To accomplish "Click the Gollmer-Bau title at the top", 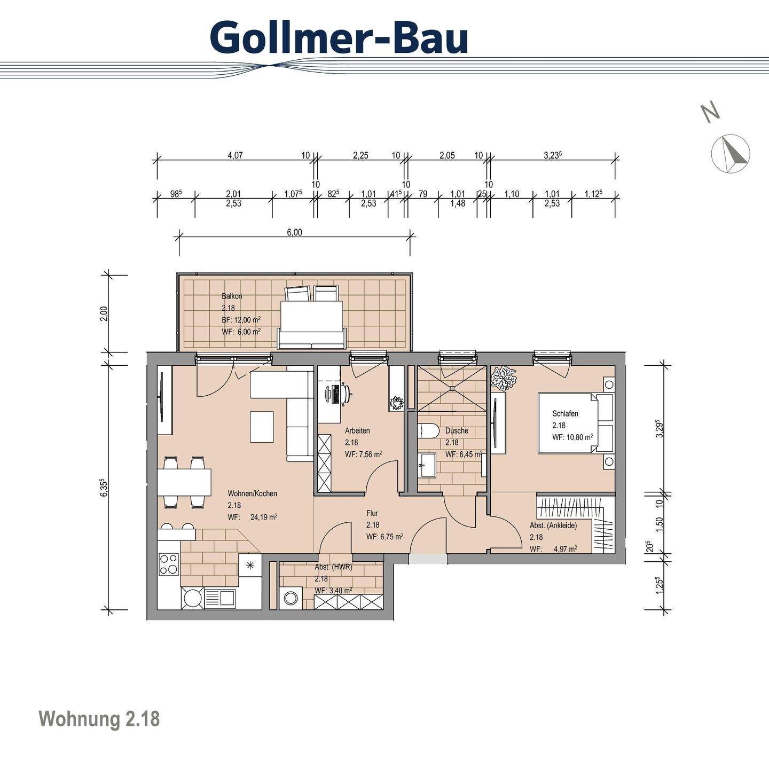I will (339, 37).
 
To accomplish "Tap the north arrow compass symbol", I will (731, 154).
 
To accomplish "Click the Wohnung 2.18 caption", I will (99, 719).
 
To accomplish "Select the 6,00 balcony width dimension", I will (294, 232).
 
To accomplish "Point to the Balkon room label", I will (232, 296).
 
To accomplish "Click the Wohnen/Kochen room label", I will (252, 493).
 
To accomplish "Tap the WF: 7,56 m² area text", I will (363, 454).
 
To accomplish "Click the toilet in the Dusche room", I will (428, 430).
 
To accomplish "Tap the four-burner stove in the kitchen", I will (169, 564).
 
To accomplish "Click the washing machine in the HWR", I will (291, 598).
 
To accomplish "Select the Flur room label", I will (372, 513).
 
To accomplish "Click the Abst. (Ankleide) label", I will (553, 525).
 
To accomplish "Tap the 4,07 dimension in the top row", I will (235, 155).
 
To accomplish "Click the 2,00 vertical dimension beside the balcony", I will (105, 313).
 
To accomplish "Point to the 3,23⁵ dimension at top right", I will (553, 155).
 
